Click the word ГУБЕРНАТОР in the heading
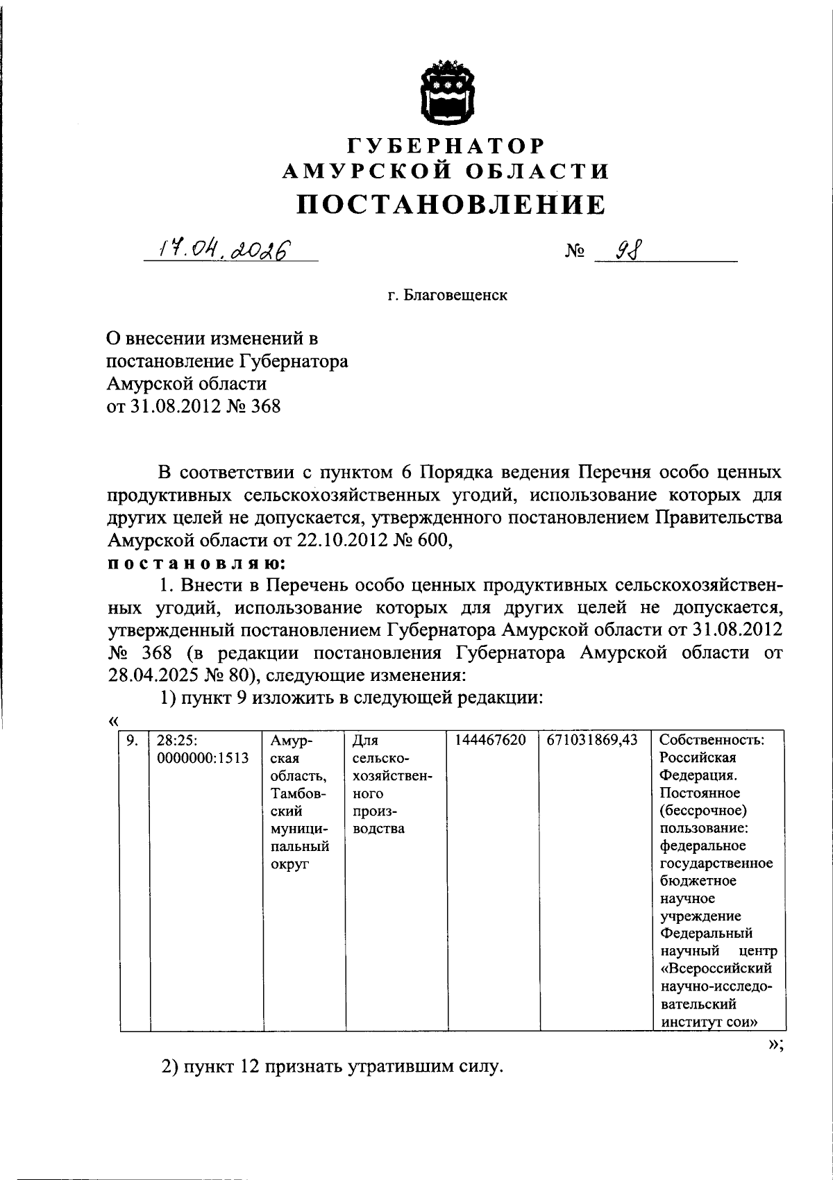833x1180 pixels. point(445,145)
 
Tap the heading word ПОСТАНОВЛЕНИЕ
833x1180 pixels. point(451,203)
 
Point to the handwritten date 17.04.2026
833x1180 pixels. point(224,248)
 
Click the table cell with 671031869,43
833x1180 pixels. point(592,740)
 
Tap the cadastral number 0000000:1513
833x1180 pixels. point(203,758)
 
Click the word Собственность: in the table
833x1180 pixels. point(712,740)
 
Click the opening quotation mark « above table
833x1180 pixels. point(114,722)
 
